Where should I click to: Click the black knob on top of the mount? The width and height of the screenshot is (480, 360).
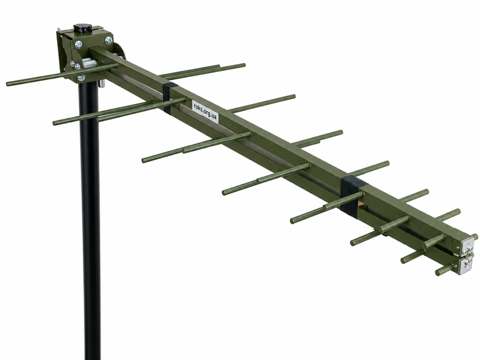81,28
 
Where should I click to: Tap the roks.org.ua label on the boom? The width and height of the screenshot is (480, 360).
205,112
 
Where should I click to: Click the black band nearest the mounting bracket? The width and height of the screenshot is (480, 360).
170,97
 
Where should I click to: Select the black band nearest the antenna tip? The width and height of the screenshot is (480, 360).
353,196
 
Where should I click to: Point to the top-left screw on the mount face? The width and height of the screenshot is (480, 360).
79,44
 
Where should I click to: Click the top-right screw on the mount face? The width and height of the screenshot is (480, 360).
109,40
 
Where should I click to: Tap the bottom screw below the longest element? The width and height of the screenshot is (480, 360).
82,78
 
